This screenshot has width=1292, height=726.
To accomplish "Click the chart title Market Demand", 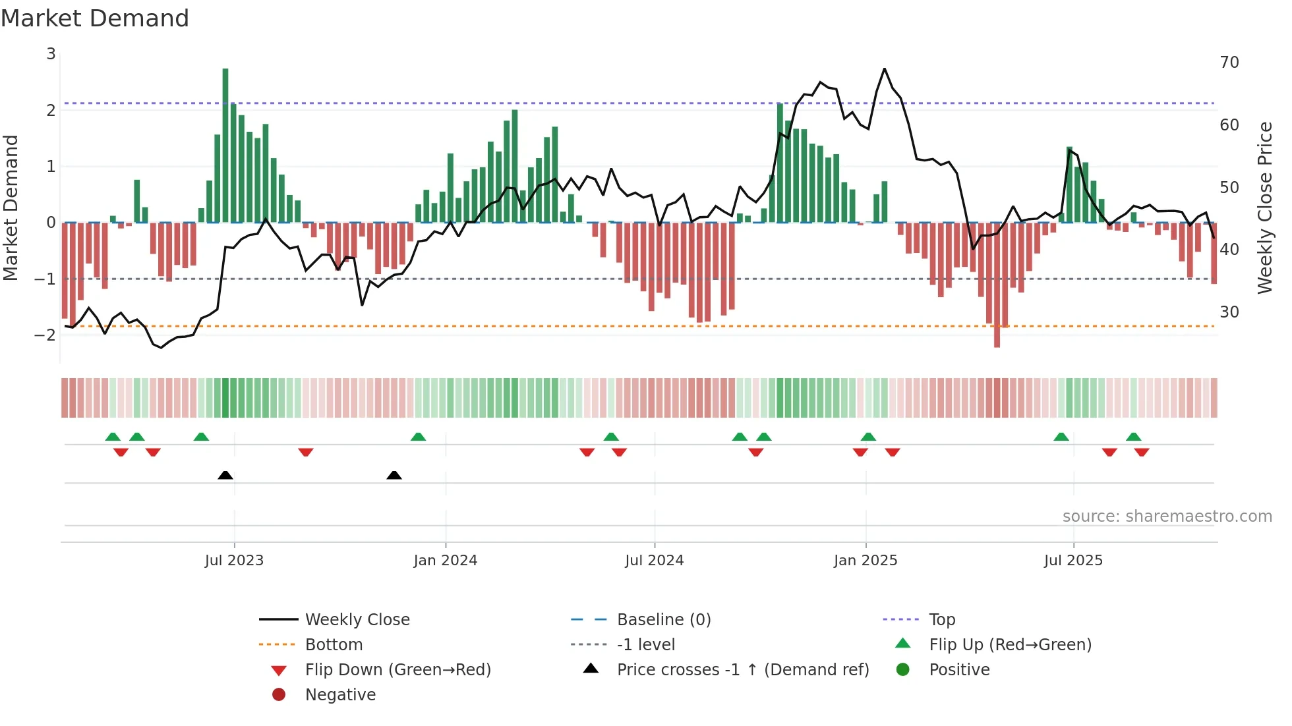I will (x=95, y=18).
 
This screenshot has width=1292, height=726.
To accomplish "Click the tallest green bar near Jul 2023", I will (x=225, y=145).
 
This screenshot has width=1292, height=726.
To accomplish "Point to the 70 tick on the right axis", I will (x=1229, y=63).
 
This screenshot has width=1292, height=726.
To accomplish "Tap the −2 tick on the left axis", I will (x=45, y=335).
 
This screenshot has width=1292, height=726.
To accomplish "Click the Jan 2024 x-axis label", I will (x=446, y=561).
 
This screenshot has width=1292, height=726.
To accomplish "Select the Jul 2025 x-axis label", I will (x=1073, y=561).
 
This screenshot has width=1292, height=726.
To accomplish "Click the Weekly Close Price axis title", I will (x=1264, y=208).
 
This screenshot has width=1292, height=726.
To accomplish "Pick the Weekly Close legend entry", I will (x=357, y=620).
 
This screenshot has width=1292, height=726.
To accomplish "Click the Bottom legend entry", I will (x=334, y=645).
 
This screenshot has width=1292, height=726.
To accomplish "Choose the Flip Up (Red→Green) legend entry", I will (x=1010, y=645).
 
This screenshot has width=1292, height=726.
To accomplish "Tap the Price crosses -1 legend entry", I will (x=742, y=670).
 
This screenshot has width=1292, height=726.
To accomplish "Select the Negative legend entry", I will (x=340, y=695).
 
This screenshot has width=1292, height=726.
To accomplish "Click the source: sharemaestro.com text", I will (x=1167, y=517).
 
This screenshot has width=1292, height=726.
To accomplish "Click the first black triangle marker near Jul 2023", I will (x=225, y=475).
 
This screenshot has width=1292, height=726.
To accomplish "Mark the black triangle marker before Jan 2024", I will (x=394, y=475).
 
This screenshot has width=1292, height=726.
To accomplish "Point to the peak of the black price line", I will (x=885, y=69).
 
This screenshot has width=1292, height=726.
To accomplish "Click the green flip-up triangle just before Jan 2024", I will (x=418, y=437).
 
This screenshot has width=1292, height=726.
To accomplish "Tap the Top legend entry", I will (x=942, y=620).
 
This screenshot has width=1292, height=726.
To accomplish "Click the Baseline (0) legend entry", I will (x=663, y=620).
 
